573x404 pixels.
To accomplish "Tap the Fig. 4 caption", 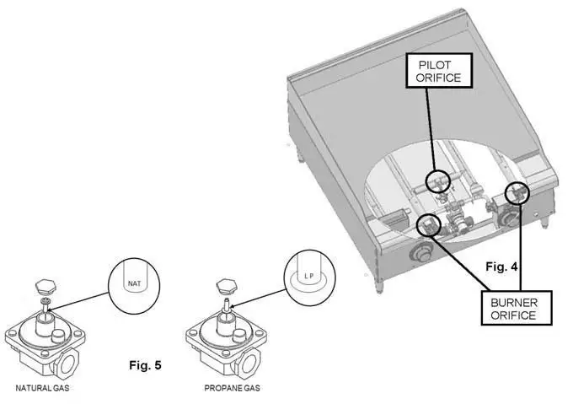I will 503,266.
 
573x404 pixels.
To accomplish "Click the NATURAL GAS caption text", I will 40,389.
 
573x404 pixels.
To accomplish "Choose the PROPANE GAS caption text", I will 232,389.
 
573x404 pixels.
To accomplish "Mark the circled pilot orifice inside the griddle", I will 437,180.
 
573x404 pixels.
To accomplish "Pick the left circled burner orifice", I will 430,225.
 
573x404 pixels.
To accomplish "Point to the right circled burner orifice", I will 516,194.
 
